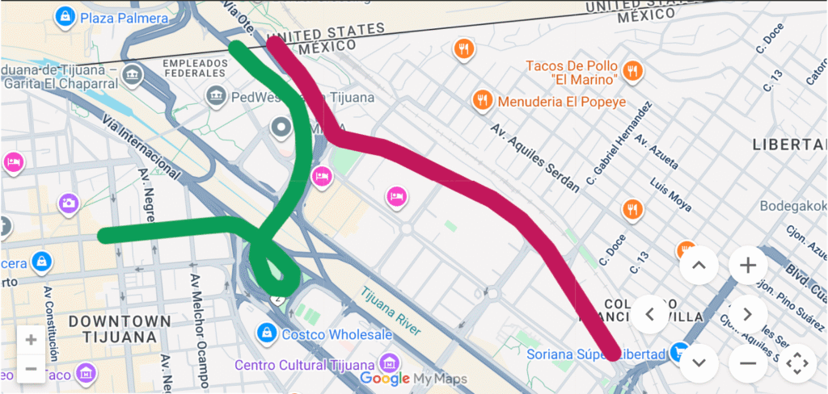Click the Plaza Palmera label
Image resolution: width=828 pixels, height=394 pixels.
pyautogui.click(x=123, y=17)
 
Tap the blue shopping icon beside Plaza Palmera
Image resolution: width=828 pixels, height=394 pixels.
pyautogui.click(x=62, y=15)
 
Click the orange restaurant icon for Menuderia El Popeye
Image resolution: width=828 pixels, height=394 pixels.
pyautogui.click(x=482, y=100)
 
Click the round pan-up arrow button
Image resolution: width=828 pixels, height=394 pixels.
pyautogui.click(x=699, y=265)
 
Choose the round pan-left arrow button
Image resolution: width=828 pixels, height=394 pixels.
pyautogui.click(x=651, y=314)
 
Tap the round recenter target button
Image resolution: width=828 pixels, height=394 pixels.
pyautogui.click(x=797, y=363)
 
